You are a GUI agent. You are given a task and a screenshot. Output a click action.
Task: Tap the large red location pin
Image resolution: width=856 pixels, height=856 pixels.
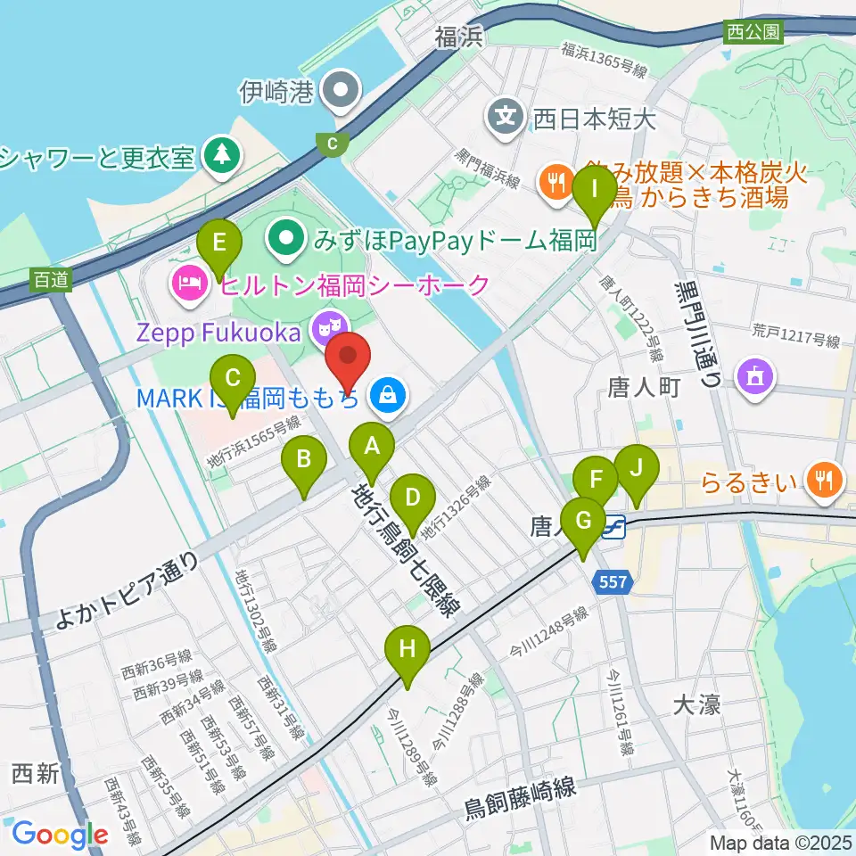tap(349, 361)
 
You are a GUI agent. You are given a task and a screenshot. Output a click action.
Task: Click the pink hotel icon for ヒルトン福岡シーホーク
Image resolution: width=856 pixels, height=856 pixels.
tap(189, 285)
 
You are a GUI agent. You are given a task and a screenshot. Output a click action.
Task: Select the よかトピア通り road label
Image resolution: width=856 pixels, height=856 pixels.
tap(125, 590)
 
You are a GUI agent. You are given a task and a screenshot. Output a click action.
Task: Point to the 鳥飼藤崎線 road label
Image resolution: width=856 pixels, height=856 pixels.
tap(521, 799)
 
